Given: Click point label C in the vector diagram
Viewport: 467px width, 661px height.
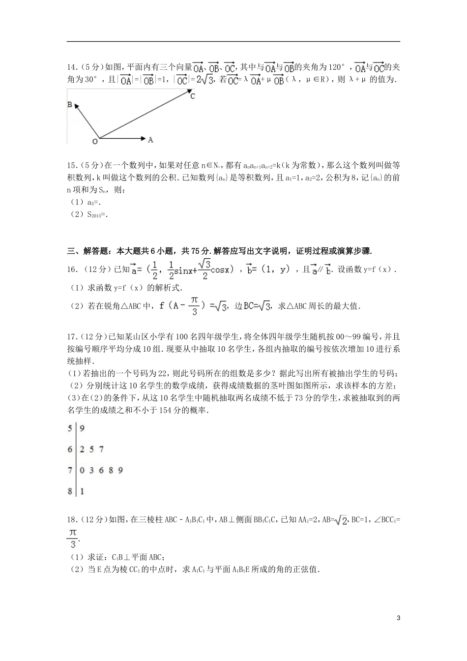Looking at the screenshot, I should click(193, 96).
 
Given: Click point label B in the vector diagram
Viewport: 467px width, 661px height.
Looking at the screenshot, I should click(70, 105).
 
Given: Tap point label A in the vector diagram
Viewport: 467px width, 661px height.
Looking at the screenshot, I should click(150, 140).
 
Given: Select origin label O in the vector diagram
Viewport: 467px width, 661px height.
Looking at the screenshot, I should click(94, 142).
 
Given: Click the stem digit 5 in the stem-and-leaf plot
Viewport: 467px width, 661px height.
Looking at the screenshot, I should click(70, 428).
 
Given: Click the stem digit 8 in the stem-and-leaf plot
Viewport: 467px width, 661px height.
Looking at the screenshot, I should click(70, 491).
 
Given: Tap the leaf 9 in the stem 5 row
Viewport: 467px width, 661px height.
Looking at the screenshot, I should click(82, 428).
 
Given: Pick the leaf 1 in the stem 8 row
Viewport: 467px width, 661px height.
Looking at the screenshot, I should click(82, 491).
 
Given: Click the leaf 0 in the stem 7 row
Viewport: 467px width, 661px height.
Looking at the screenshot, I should click(82, 470).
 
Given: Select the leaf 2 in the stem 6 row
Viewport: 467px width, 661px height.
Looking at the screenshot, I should click(82, 449).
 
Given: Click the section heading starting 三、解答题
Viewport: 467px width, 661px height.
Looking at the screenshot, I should click(219, 251).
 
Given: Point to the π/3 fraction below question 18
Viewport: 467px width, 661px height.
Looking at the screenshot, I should click(72, 538).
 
